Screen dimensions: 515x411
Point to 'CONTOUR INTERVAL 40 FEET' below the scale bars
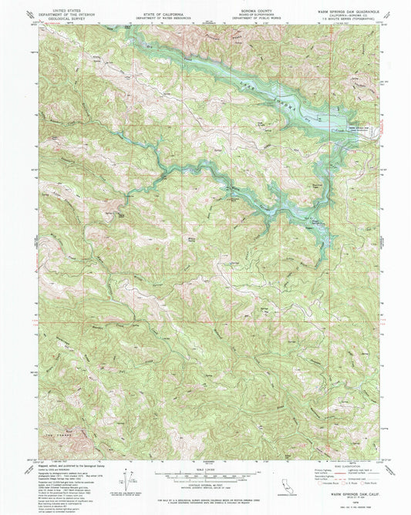click(205, 483)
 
